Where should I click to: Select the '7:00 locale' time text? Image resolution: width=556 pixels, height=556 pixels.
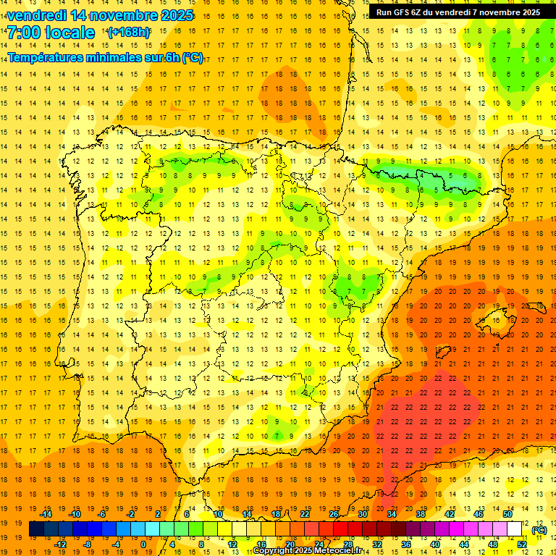coord(51,33)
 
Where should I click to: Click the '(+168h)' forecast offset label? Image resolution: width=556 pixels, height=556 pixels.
coord(129,33)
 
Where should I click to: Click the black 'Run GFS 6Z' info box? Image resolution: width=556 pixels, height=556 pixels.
coord(458,12)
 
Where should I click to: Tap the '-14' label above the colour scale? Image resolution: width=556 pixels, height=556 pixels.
coord(46,513)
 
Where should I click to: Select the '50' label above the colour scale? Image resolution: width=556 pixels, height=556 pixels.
coord(507,513)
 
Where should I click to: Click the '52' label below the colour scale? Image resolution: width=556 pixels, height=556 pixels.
coord(522,544)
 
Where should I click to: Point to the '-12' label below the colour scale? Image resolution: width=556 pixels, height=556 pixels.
coord(60,544)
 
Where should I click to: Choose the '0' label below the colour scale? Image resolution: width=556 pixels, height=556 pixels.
coord(143,544)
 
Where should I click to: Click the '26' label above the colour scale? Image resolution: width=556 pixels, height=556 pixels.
coord(334,513)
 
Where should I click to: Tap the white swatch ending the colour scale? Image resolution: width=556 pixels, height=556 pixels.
coord(515,529)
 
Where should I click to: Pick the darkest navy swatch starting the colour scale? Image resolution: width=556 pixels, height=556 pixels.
coord(36,529)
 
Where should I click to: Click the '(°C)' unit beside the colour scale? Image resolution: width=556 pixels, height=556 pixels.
coord(539,529)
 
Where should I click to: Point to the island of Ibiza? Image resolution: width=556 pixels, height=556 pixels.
coord(442,353)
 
